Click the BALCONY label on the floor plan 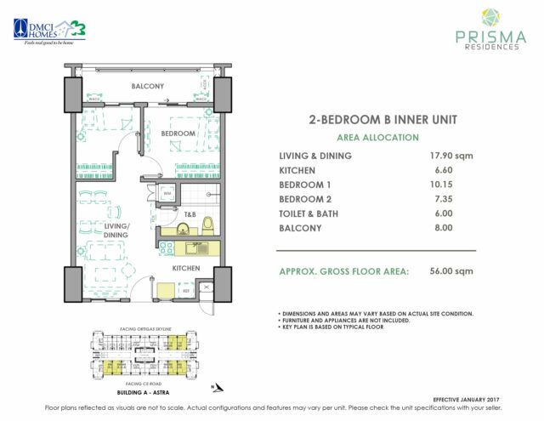[148, 87]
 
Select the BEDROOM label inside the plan [179, 134]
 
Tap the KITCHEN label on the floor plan [186, 268]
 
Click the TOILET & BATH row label [318, 213]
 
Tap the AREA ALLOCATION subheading [377, 137]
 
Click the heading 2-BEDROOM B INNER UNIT [377, 120]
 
